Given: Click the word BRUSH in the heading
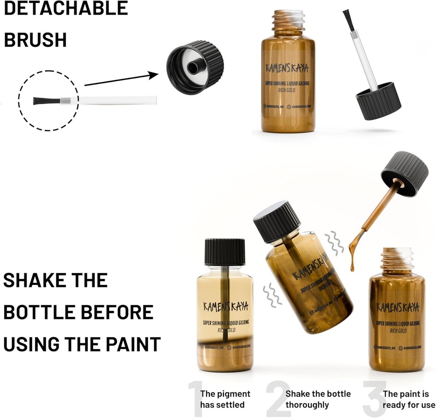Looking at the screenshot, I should click(x=35, y=40).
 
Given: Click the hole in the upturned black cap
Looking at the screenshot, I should click(x=193, y=68).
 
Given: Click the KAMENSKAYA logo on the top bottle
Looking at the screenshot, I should click(x=287, y=69).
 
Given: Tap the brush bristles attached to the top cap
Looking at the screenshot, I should click(x=349, y=20).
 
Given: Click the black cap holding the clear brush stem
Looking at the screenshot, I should click(x=378, y=101).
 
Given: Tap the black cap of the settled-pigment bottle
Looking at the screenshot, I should click(x=225, y=252).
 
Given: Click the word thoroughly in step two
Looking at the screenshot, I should click(x=307, y=405).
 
